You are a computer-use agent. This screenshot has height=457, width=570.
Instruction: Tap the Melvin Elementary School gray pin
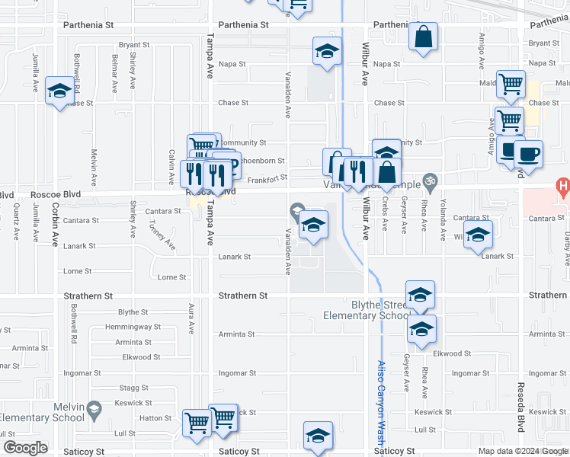(x=93, y=409)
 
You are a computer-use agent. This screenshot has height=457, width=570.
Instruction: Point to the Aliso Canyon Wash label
(x=381, y=403)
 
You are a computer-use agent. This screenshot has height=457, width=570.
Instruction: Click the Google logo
(x=25, y=448)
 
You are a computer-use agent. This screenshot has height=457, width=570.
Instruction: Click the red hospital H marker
(x=563, y=186)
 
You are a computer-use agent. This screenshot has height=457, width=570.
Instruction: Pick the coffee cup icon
(x=528, y=153)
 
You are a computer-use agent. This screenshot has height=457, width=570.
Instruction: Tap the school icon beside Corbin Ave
(x=59, y=91)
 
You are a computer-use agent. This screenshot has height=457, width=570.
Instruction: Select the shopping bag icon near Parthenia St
(x=423, y=37)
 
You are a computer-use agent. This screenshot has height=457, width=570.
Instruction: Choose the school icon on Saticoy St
(x=318, y=435)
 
